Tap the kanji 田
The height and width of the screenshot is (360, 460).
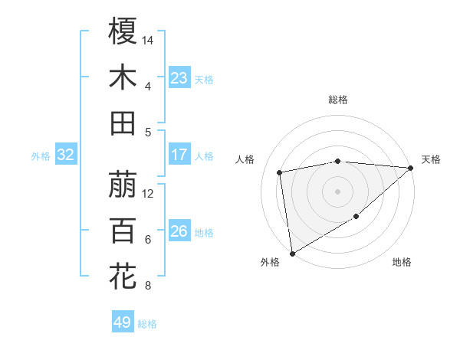click(123, 123)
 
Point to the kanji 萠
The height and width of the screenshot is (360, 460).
click(123, 184)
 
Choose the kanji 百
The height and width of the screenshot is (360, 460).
click(123, 230)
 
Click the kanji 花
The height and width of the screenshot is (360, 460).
click(123, 276)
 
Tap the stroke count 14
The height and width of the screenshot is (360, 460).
click(148, 39)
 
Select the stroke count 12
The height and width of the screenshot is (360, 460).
click(148, 193)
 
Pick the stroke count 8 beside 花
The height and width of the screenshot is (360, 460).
click(147, 286)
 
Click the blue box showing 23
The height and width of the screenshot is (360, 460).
click(179, 78)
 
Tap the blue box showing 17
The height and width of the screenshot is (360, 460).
click(179, 155)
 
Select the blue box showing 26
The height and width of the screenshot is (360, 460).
click(179, 231)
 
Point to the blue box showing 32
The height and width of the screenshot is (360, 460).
click(65, 155)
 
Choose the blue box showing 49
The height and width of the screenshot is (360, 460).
click(122, 322)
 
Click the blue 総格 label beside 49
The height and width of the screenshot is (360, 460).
click(147, 324)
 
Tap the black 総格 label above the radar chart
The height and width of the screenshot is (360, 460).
click(338, 100)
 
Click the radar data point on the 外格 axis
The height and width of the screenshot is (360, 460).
click(292, 253)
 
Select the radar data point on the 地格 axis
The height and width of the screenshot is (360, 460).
click(356, 217)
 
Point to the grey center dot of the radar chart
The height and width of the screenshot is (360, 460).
click(338, 191)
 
